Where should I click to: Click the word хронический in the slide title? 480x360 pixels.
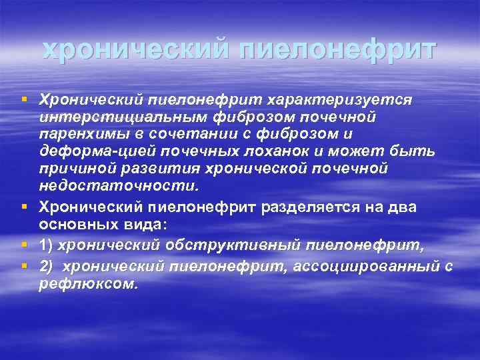(133, 51)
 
